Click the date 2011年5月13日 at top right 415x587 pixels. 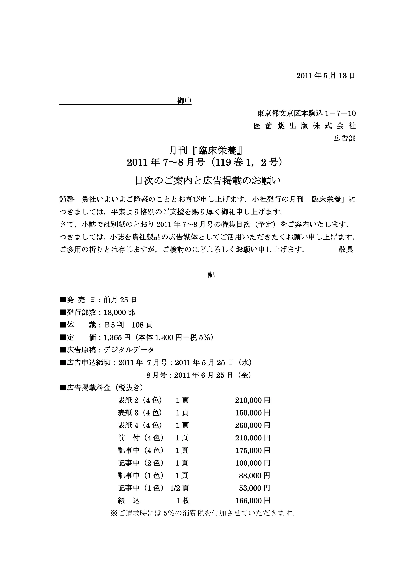326,76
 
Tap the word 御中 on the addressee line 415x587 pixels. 184,101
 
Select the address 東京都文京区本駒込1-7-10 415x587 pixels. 306,113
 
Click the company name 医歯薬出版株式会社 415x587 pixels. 304,126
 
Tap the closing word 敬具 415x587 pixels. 346,250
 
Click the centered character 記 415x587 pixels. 211,275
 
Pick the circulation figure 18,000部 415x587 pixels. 119,312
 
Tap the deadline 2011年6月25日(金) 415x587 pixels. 213,375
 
